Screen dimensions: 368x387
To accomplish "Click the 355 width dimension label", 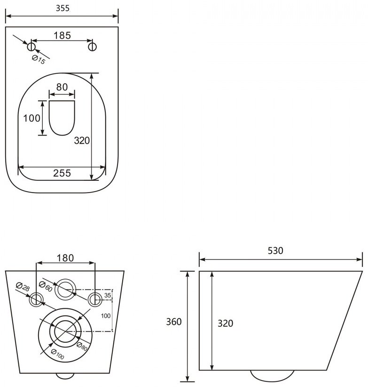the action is pyautogui.click(x=63, y=8).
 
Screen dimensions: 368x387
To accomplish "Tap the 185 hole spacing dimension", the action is pyautogui.click(x=63, y=35).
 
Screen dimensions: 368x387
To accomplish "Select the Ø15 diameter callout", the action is pyautogui.click(x=39, y=59).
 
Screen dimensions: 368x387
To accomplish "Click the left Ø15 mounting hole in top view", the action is pyautogui.click(x=31, y=47).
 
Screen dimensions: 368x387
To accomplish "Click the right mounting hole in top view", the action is pyautogui.click(x=93, y=47).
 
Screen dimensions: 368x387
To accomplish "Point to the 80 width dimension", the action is pyautogui.click(x=62, y=87).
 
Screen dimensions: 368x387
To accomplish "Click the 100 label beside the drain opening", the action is pyautogui.click(x=31, y=118).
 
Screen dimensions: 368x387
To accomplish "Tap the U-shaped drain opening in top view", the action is pyautogui.click(x=62, y=118).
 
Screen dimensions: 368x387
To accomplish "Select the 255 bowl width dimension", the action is pyautogui.click(x=62, y=173).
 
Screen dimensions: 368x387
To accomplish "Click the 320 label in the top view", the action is pyautogui.click(x=82, y=140).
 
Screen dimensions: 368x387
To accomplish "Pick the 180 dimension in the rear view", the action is pyautogui.click(x=65, y=258).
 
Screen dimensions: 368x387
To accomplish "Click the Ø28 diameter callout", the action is pyautogui.click(x=23, y=287).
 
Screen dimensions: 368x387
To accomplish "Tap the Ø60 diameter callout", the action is pyautogui.click(x=46, y=287).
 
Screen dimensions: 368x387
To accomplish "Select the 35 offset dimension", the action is pyautogui.click(x=108, y=295).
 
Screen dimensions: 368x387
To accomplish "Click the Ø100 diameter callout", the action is pyautogui.click(x=58, y=355).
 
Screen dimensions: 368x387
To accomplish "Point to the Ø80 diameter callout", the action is pyautogui.click(x=82, y=347).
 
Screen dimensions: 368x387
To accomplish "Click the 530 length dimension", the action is pyautogui.click(x=275, y=251).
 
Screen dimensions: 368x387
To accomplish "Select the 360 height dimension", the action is pyautogui.click(x=174, y=322).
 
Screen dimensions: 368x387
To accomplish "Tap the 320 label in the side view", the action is pyautogui.click(x=226, y=323).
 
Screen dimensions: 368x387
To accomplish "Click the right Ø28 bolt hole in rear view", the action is pyautogui.click(x=95, y=299).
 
